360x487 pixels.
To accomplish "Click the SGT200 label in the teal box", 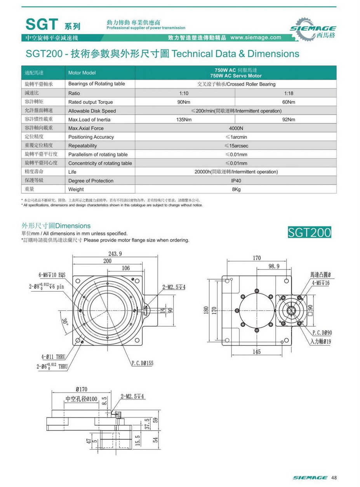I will (310, 232).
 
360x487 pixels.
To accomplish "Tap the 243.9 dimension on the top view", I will (115, 254).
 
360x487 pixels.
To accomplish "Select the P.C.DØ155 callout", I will (142, 363).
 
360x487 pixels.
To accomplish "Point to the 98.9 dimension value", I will (273, 266).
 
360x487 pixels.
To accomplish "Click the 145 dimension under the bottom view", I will (256, 352).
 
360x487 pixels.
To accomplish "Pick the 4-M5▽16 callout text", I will (320, 283).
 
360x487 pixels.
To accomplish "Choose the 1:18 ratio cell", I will (289, 93).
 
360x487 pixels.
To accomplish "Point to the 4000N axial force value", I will (236, 128).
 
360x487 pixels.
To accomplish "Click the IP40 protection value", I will (236, 181).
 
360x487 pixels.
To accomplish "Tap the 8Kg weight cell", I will (236, 190).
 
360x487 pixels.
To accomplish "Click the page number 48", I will (334, 478).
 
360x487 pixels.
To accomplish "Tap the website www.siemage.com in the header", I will (256, 38).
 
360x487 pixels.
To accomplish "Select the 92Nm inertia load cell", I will (289, 120).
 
